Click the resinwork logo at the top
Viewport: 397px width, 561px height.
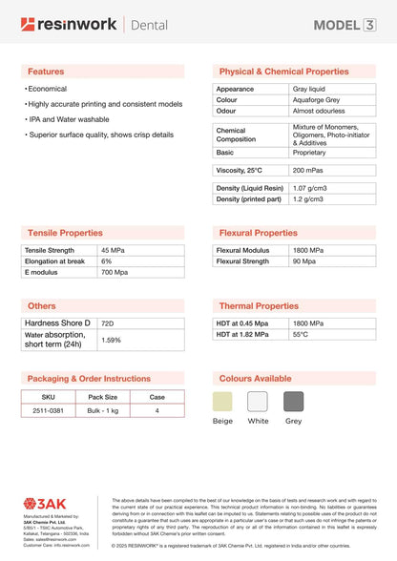(x=69, y=24)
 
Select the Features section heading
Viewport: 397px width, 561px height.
(x=46, y=72)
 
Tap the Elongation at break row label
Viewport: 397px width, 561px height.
(x=54, y=260)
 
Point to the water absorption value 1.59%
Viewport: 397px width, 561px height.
(x=111, y=340)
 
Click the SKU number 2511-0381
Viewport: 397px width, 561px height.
(x=49, y=410)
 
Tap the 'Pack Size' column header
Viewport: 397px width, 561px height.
(x=103, y=396)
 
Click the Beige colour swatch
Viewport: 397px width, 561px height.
(x=222, y=401)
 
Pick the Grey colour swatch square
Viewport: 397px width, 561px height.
(x=293, y=401)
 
